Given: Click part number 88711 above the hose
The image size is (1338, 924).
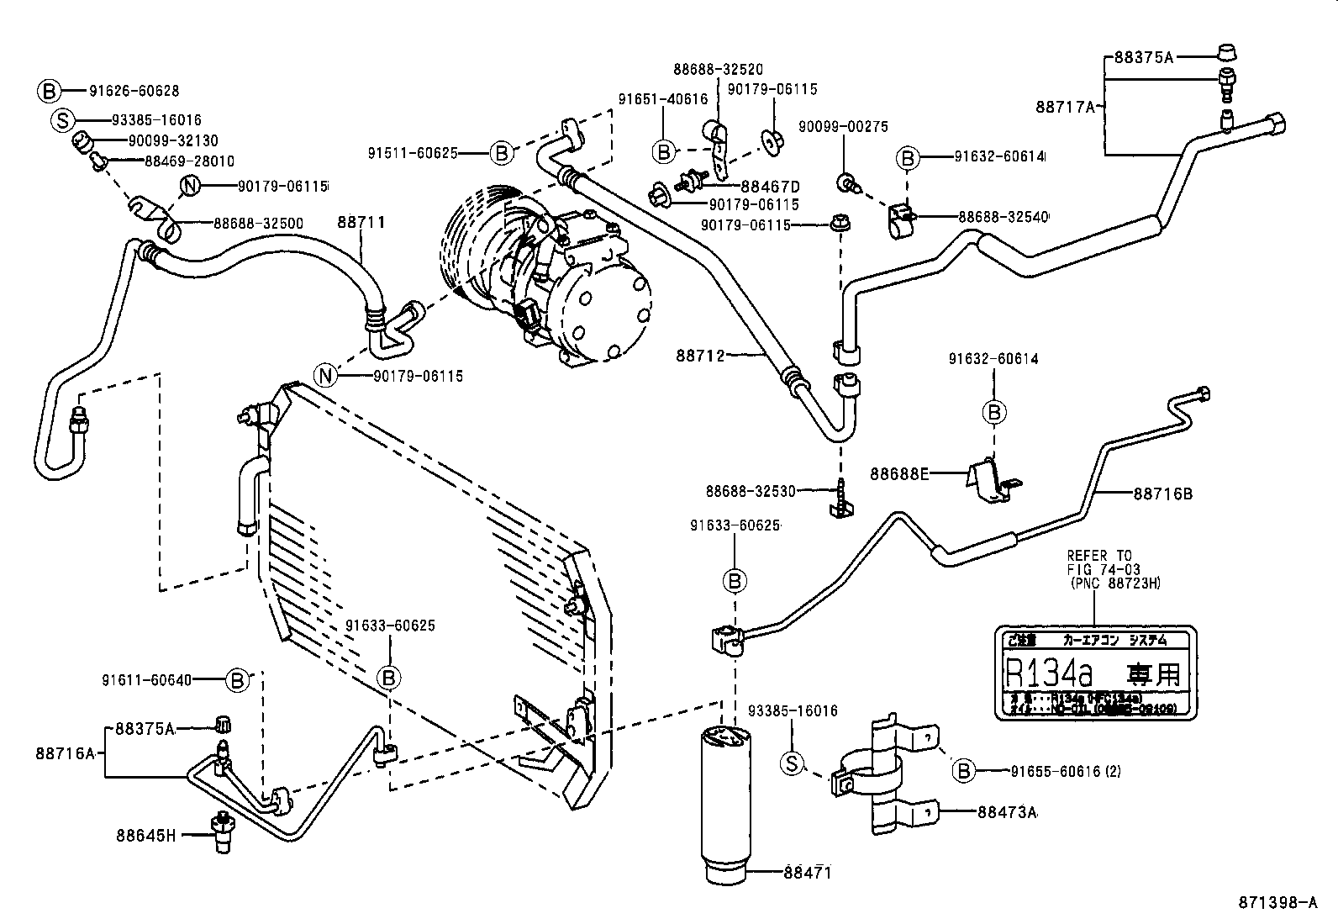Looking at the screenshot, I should pyautogui.click(x=361, y=223).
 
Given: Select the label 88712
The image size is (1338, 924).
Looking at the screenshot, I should pyautogui.click(x=699, y=355).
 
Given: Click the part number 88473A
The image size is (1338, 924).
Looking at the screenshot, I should pyautogui.click(x=1008, y=813).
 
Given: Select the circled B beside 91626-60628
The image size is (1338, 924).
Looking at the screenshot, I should pyautogui.click(x=49, y=91).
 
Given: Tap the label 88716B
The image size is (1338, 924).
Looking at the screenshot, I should pyautogui.click(x=1162, y=494).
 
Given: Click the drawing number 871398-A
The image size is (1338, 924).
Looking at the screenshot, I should pyautogui.click(x=1277, y=903).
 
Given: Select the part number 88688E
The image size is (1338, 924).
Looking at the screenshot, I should pyautogui.click(x=898, y=474).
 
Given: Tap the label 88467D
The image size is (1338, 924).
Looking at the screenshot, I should pyautogui.click(x=770, y=186).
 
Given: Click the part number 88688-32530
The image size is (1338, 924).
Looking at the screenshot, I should pyautogui.click(x=751, y=490).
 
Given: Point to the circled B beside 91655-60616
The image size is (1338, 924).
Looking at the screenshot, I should pyautogui.click(x=963, y=770).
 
